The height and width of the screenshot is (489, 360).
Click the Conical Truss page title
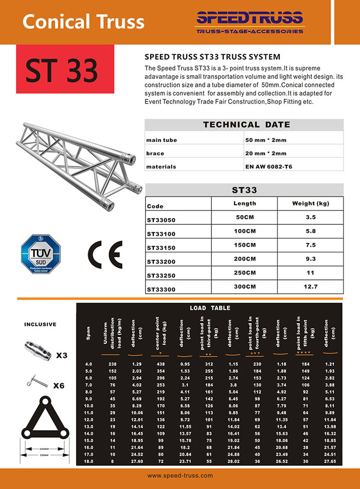pyautogui.click(x=84, y=22)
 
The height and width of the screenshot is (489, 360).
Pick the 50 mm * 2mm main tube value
pyautogui.click(x=266, y=139)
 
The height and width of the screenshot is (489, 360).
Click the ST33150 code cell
pyautogui.click(x=161, y=248)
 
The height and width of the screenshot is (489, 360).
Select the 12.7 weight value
pyautogui.click(x=311, y=287)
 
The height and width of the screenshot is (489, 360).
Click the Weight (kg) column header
pyautogui.click(x=310, y=204)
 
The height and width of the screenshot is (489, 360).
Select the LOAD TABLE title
pyautogui.click(x=213, y=308)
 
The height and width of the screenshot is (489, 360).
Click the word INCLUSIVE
pyautogui.click(x=41, y=324)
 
